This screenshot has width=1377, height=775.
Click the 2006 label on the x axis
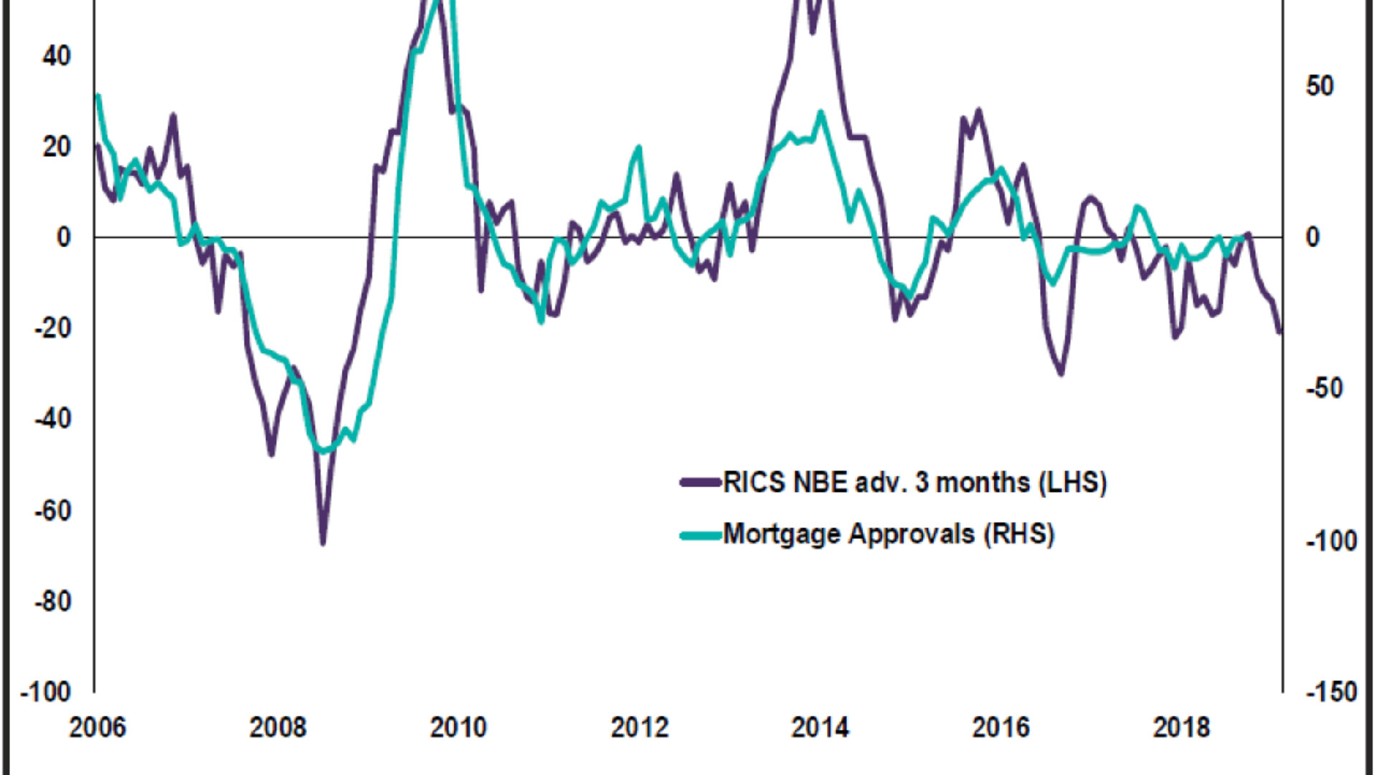[x=97, y=728]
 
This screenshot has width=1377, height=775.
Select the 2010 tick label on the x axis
[x=458, y=728]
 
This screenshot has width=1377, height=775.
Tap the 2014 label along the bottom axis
[x=819, y=728]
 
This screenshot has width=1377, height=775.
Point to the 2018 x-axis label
[x=1180, y=728]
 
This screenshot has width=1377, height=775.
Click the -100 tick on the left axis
[x=46, y=692]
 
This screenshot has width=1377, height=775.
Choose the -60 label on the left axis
[x=52, y=511]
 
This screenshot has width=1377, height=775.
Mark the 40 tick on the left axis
[x=57, y=56]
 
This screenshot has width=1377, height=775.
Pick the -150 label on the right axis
[x=1331, y=692]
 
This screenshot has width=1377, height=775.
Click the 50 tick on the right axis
[x=1320, y=86]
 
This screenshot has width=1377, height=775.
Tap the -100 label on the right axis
[x=1331, y=541]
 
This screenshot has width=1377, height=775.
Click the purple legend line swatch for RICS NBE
[x=700, y=482]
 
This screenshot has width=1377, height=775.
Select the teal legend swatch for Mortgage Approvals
[x=700, y=535]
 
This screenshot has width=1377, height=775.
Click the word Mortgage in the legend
[x=782, y=535]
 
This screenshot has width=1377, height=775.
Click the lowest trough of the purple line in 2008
[x=323, y=544]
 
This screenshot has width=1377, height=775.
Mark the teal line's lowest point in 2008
[x=323, y=452]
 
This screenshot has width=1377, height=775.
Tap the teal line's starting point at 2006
[x=98, y=95]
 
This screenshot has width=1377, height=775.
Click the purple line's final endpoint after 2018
[x=1280, y=332]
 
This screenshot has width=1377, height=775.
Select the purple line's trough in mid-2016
[x=1061, y=374]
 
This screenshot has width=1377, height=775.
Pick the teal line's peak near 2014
[x=821, y=113]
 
